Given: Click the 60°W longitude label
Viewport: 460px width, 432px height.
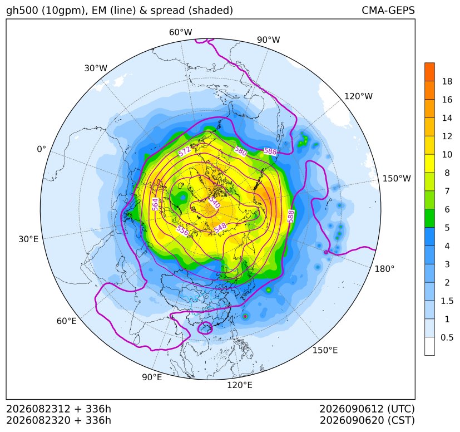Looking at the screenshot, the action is tap(180, 32).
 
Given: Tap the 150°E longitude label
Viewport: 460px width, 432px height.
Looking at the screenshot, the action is tap(325, 350).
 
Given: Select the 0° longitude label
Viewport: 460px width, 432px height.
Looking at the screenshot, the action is tap(42, 149).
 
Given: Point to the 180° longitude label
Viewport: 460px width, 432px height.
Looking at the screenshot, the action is tap(384, 269).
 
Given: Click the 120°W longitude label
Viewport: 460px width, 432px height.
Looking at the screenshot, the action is tap(358, 96).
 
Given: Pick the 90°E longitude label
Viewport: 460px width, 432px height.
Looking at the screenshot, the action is tap(152, 377).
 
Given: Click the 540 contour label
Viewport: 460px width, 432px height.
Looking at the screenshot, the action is tap(215, 202).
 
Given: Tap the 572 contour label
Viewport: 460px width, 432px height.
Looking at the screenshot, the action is tap(185, 151).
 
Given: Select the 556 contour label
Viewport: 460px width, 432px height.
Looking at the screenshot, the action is tap(182, 230).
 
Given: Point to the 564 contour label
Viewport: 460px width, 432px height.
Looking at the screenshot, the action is tap(155, 204).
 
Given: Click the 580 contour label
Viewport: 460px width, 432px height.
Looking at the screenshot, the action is tap(240, 151).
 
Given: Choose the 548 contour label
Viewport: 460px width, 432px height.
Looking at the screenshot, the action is tap(220, 228).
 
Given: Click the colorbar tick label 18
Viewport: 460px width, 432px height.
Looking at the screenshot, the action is tap(447, 81).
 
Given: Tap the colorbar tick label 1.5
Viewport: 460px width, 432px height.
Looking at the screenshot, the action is tap(447, 301).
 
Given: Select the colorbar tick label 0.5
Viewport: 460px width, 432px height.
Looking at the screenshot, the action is tap(447, 337).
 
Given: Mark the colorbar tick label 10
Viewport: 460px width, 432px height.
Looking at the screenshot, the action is tap(447, 154).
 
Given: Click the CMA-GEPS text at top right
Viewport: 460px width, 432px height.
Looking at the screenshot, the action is tap(388, 10).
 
